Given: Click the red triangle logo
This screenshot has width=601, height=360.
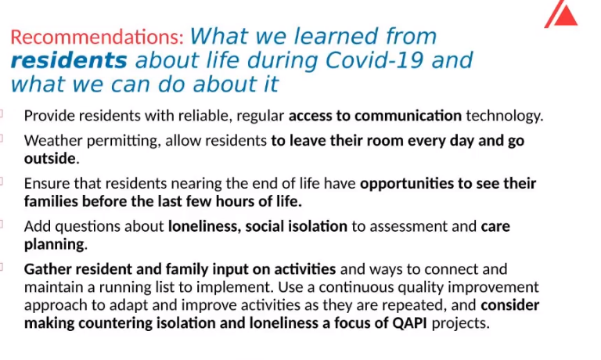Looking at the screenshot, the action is pyautogui.click(x=563, y=16).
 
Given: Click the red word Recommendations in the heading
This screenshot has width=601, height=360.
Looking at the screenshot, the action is pyautogui.click(x=97, y=38).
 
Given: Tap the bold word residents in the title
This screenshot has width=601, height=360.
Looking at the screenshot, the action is pyautogui.click(x=69, y=60).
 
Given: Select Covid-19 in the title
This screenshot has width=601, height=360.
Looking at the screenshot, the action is pyautogui.click(x=374, y=60).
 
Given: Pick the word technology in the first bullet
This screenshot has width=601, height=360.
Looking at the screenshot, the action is pyautogui.click(x=505, y=116).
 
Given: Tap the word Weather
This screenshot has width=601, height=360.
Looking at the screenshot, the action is pyautogui.click(x=53, y=140).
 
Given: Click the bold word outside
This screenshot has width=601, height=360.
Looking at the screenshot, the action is pyautogui.click(x=50, y=158).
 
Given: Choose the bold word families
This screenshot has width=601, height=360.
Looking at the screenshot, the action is pyautogui.click(x=51, y=201).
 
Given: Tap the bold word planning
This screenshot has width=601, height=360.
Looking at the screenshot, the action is pyautogui.click(x=55, y=245).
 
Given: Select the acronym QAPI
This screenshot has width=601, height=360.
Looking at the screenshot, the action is pyautogui.click(x=410, y=322).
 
